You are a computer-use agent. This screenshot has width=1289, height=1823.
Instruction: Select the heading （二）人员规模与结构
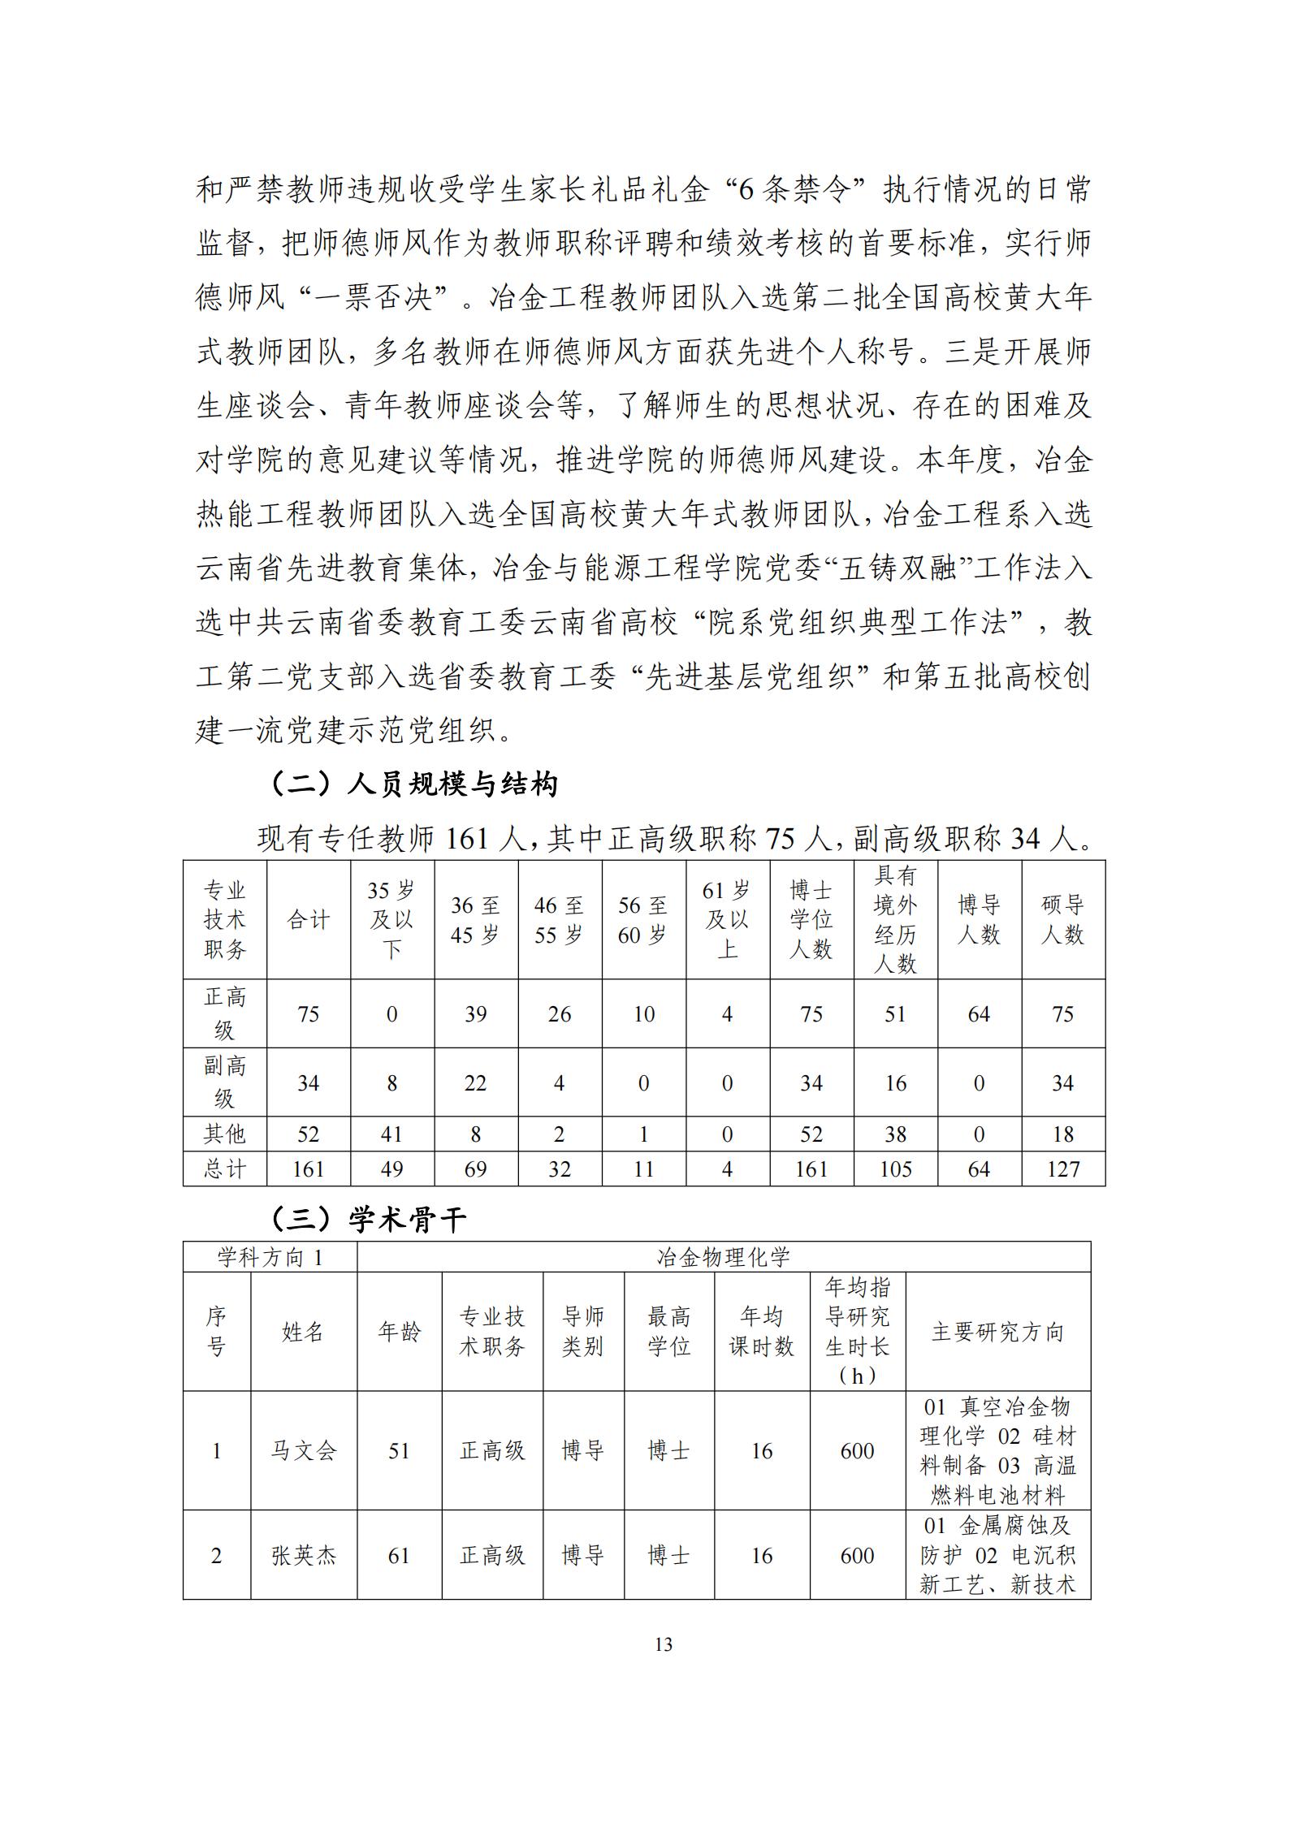[x=413, y=784]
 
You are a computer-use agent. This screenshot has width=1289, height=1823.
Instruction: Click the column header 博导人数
[x=979, y=919]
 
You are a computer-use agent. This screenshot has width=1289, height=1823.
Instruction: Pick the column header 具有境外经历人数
[x=895, y=919]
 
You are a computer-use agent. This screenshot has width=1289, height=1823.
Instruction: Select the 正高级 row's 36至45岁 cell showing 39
[x=475, y=1014]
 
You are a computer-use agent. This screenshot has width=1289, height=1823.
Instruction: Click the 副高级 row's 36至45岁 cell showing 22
[x=475, y=1083]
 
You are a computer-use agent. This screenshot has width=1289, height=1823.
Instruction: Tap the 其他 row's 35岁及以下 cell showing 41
[x=391, y=1134]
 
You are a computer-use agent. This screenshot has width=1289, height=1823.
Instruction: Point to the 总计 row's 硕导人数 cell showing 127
[x=1062, y=1169]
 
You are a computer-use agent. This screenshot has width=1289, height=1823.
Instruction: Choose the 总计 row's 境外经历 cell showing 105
[x=895, y=1169]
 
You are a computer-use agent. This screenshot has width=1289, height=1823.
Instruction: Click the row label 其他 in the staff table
[x=224, y=1134]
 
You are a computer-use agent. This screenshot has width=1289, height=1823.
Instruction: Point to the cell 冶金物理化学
[x=723, y=1258]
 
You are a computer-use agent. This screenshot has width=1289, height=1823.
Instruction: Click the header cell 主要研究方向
[x=997, y=1332]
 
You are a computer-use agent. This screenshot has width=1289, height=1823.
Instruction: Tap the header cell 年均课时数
[x=761, y=1332]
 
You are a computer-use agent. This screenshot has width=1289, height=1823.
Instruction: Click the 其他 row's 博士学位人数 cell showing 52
[x=811, y=1134]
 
